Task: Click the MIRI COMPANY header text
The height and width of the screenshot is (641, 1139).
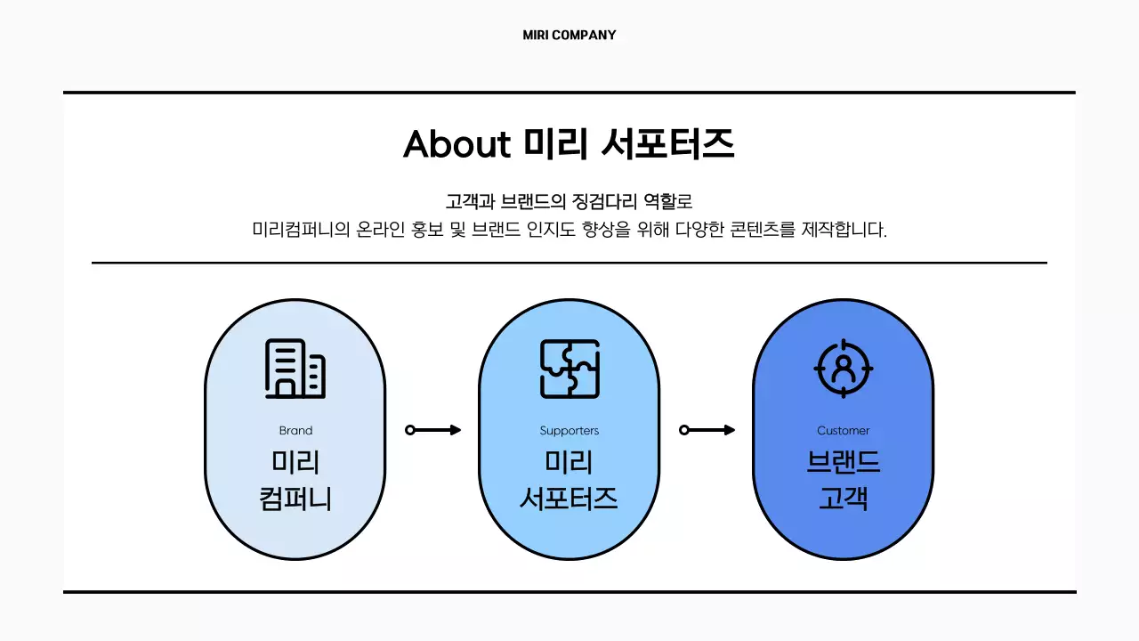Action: tap(569, 36)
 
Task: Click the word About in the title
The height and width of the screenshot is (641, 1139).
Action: tap(456, 144)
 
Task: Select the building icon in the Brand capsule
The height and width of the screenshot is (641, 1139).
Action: tap(295, 369)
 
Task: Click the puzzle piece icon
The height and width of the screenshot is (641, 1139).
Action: tap(569, 369)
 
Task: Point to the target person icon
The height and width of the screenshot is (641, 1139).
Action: tap(844, 369)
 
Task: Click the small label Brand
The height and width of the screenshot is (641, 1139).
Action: tap(295, 431)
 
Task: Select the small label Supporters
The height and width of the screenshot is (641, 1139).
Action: tap(569, 431)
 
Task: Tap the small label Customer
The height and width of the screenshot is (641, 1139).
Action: tap(844, 431)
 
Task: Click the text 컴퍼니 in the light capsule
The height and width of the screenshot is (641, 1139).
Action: tap(295, 498)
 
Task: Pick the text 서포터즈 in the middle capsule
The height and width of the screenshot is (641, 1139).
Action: tap(569, 498)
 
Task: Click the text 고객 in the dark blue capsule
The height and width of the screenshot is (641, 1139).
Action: tap(844, 498)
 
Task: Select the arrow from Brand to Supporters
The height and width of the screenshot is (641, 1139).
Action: tap(433, 430)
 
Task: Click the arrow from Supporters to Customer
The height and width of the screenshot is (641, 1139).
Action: tap(707, 430)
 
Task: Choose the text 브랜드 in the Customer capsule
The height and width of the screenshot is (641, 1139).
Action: tap(844, 463)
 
